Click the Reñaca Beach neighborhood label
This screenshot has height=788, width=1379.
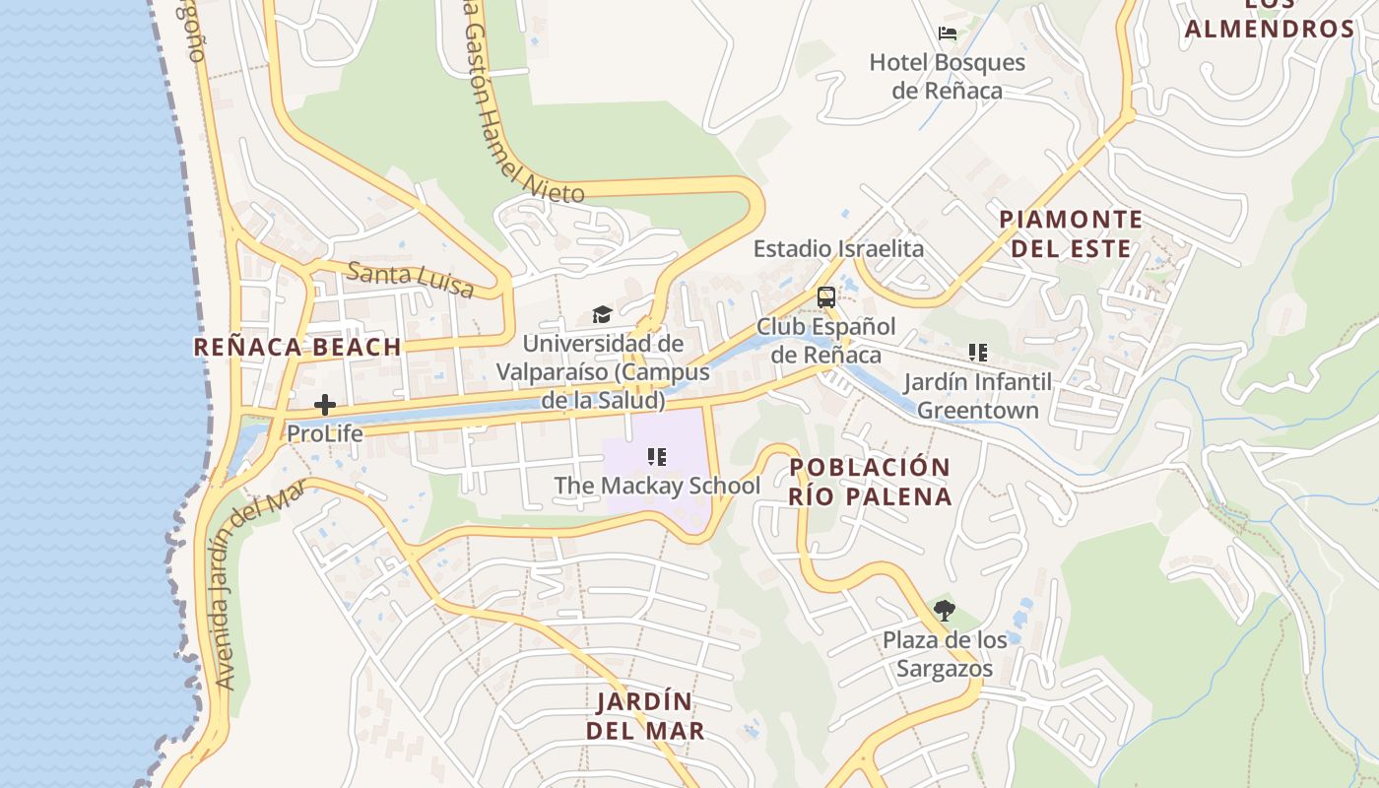(297, 347)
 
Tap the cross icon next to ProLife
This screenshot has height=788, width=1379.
(325, 405)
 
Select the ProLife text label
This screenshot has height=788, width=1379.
(325, 433)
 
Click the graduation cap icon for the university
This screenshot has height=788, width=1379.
(602, 315)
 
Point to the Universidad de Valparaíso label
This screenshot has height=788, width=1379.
(603, 372)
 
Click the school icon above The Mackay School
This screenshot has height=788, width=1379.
(657, 457)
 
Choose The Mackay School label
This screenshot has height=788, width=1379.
(657, 486)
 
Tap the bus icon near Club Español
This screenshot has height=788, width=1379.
(826, 296)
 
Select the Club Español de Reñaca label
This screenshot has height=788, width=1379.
(826, 340)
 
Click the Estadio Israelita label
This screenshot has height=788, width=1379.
(838, 248)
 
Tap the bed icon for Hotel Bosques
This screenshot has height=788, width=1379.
(948, 33)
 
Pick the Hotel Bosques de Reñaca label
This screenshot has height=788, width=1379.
(947, 77)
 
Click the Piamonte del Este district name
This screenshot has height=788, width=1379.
(1071, 233)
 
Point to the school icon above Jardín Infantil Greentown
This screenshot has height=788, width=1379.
(977, 353)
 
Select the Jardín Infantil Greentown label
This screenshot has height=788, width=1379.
(978, 395)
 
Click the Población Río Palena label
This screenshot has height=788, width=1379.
(871, 482)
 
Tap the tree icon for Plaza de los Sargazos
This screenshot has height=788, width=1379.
(945, 611)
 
